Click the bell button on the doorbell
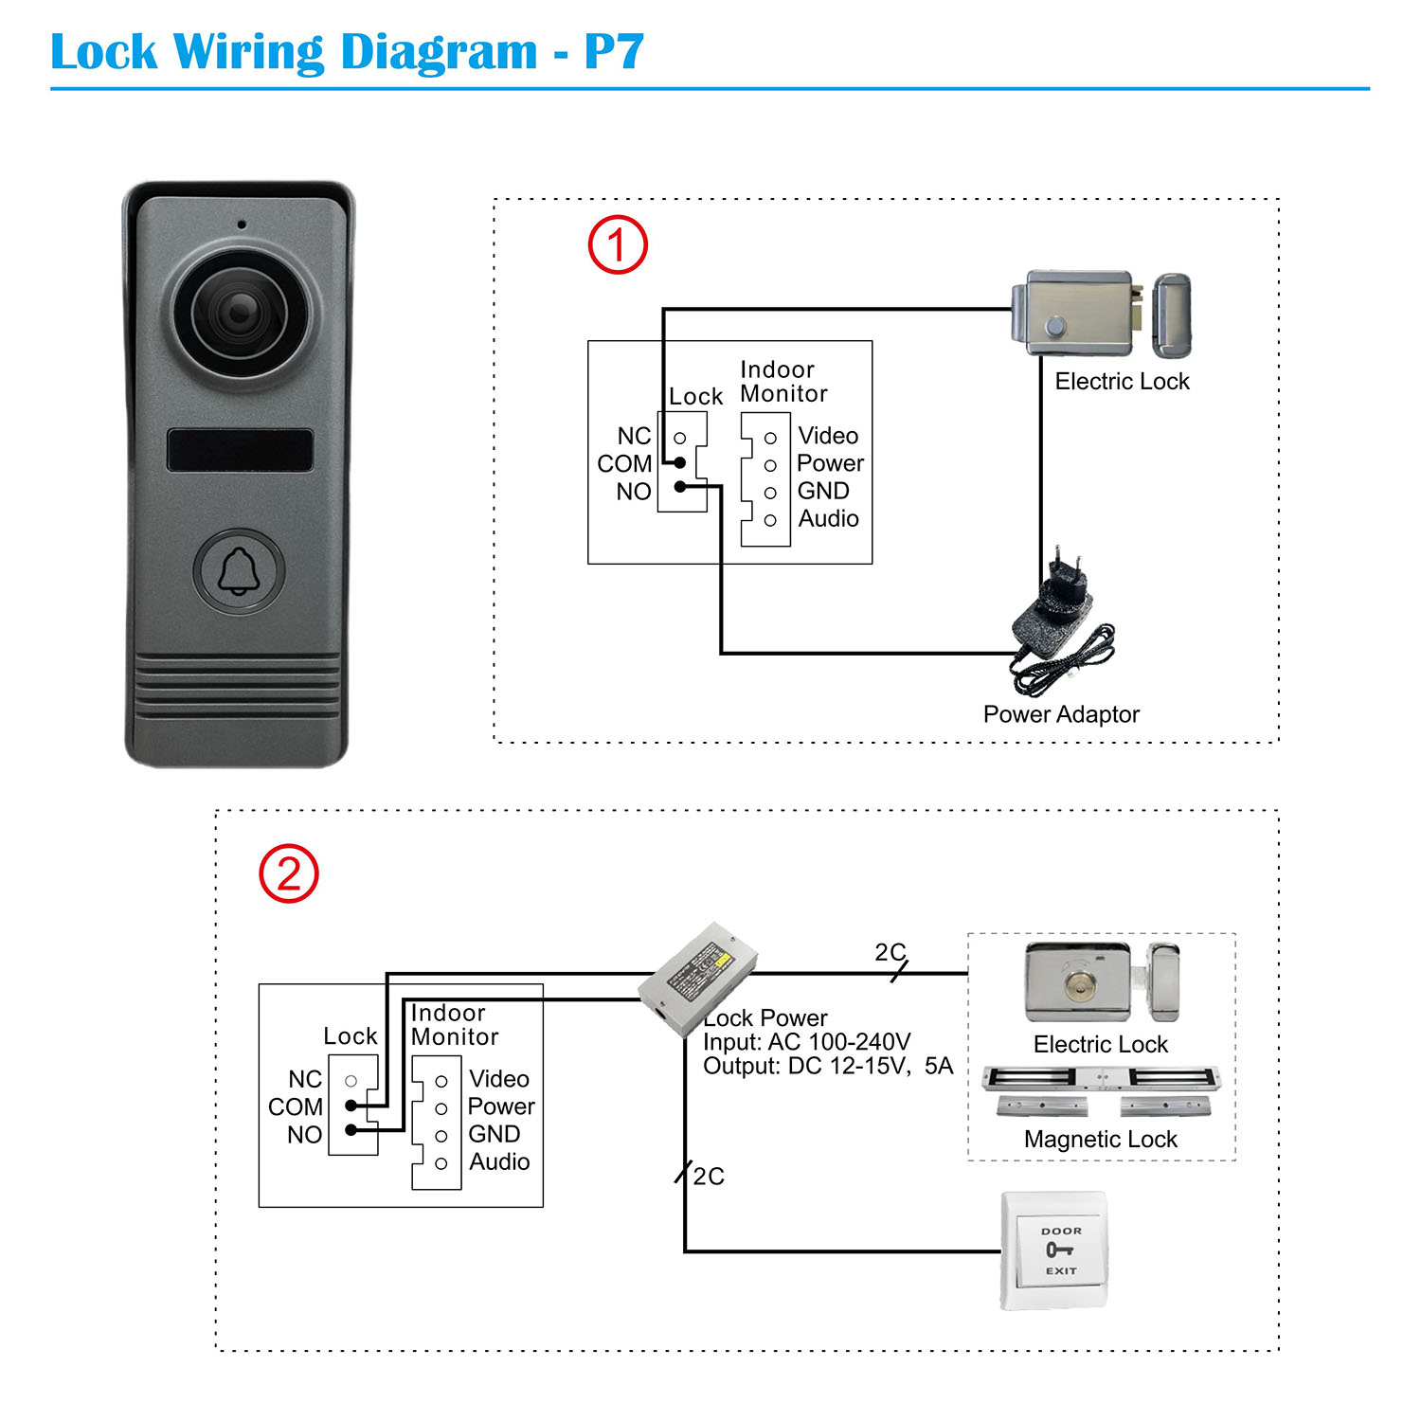[x=239, y=571]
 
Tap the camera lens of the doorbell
[x=239, y=313]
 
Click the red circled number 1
[x=618, y=245]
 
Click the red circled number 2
[x=289, y=873]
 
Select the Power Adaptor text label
[x=1060, y=714]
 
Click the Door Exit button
[x=1055, y=1250]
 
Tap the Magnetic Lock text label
[x=1100, y=1140]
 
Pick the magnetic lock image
[x=1101, y=1089]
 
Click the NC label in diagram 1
[x=634, y=436]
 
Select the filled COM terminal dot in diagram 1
[x=679, y=462]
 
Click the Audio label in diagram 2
[x=499, y=1161]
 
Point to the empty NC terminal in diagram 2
[x=351, y=1081]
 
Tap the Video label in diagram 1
[x=828, y=436]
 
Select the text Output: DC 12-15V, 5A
[x=827, y=1067]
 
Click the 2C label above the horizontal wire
[x=890, y=951]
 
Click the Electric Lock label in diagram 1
[x=1122, y=382]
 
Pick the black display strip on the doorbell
[x=240, y=449]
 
